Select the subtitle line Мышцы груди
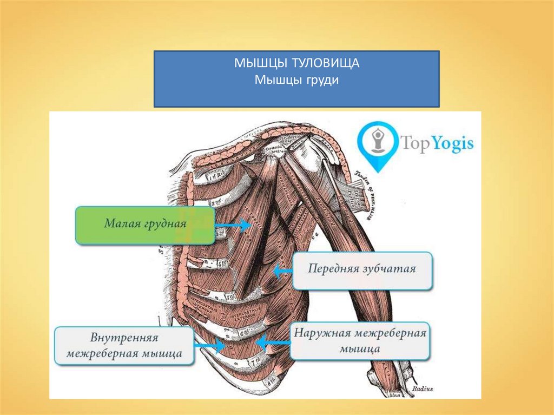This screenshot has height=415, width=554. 296,80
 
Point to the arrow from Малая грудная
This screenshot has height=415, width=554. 234,224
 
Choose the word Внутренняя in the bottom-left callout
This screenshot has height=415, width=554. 124,339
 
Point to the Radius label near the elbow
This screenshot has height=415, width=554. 421,388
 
